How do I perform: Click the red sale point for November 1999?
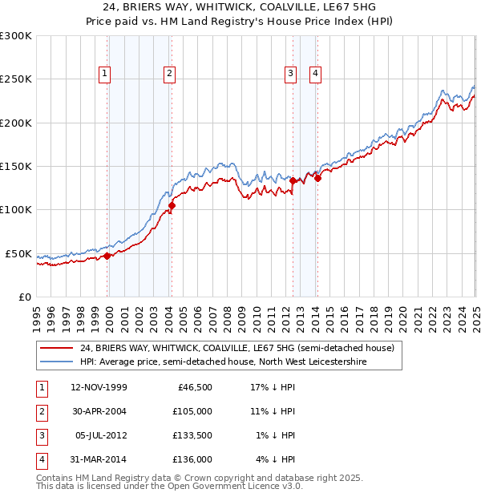tap(107, 257)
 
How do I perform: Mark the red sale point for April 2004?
tap(172, 205)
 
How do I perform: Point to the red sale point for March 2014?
tap(317, 178)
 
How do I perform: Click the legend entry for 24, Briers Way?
tap(236, 349)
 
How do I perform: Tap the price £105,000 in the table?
tap(193, 411)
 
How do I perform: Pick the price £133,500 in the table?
tap(193, 435)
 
